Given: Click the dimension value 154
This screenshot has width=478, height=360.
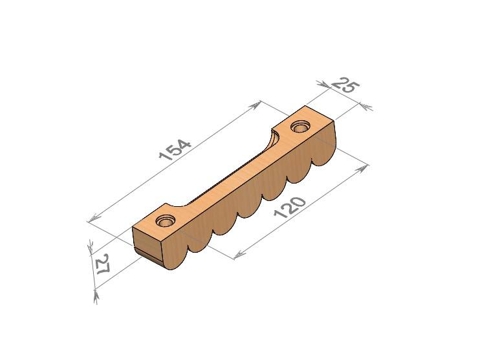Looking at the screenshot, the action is point(175,150).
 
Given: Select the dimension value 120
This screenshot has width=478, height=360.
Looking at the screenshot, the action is point(289,207).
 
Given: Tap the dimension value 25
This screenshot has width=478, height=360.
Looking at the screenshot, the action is point(345,85).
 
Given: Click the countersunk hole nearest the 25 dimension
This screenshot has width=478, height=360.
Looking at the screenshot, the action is point(301,127).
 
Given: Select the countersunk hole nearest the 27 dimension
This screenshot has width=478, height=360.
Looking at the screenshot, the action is point(166,220).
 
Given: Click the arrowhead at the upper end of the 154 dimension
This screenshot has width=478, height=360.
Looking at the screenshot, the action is point(255,105).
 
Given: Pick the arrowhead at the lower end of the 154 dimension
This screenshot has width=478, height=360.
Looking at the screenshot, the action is point(94,218).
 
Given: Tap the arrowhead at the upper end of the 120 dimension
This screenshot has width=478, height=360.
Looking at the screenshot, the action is point(362,168).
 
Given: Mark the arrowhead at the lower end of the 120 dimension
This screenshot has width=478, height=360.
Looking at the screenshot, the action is point(240,255).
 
